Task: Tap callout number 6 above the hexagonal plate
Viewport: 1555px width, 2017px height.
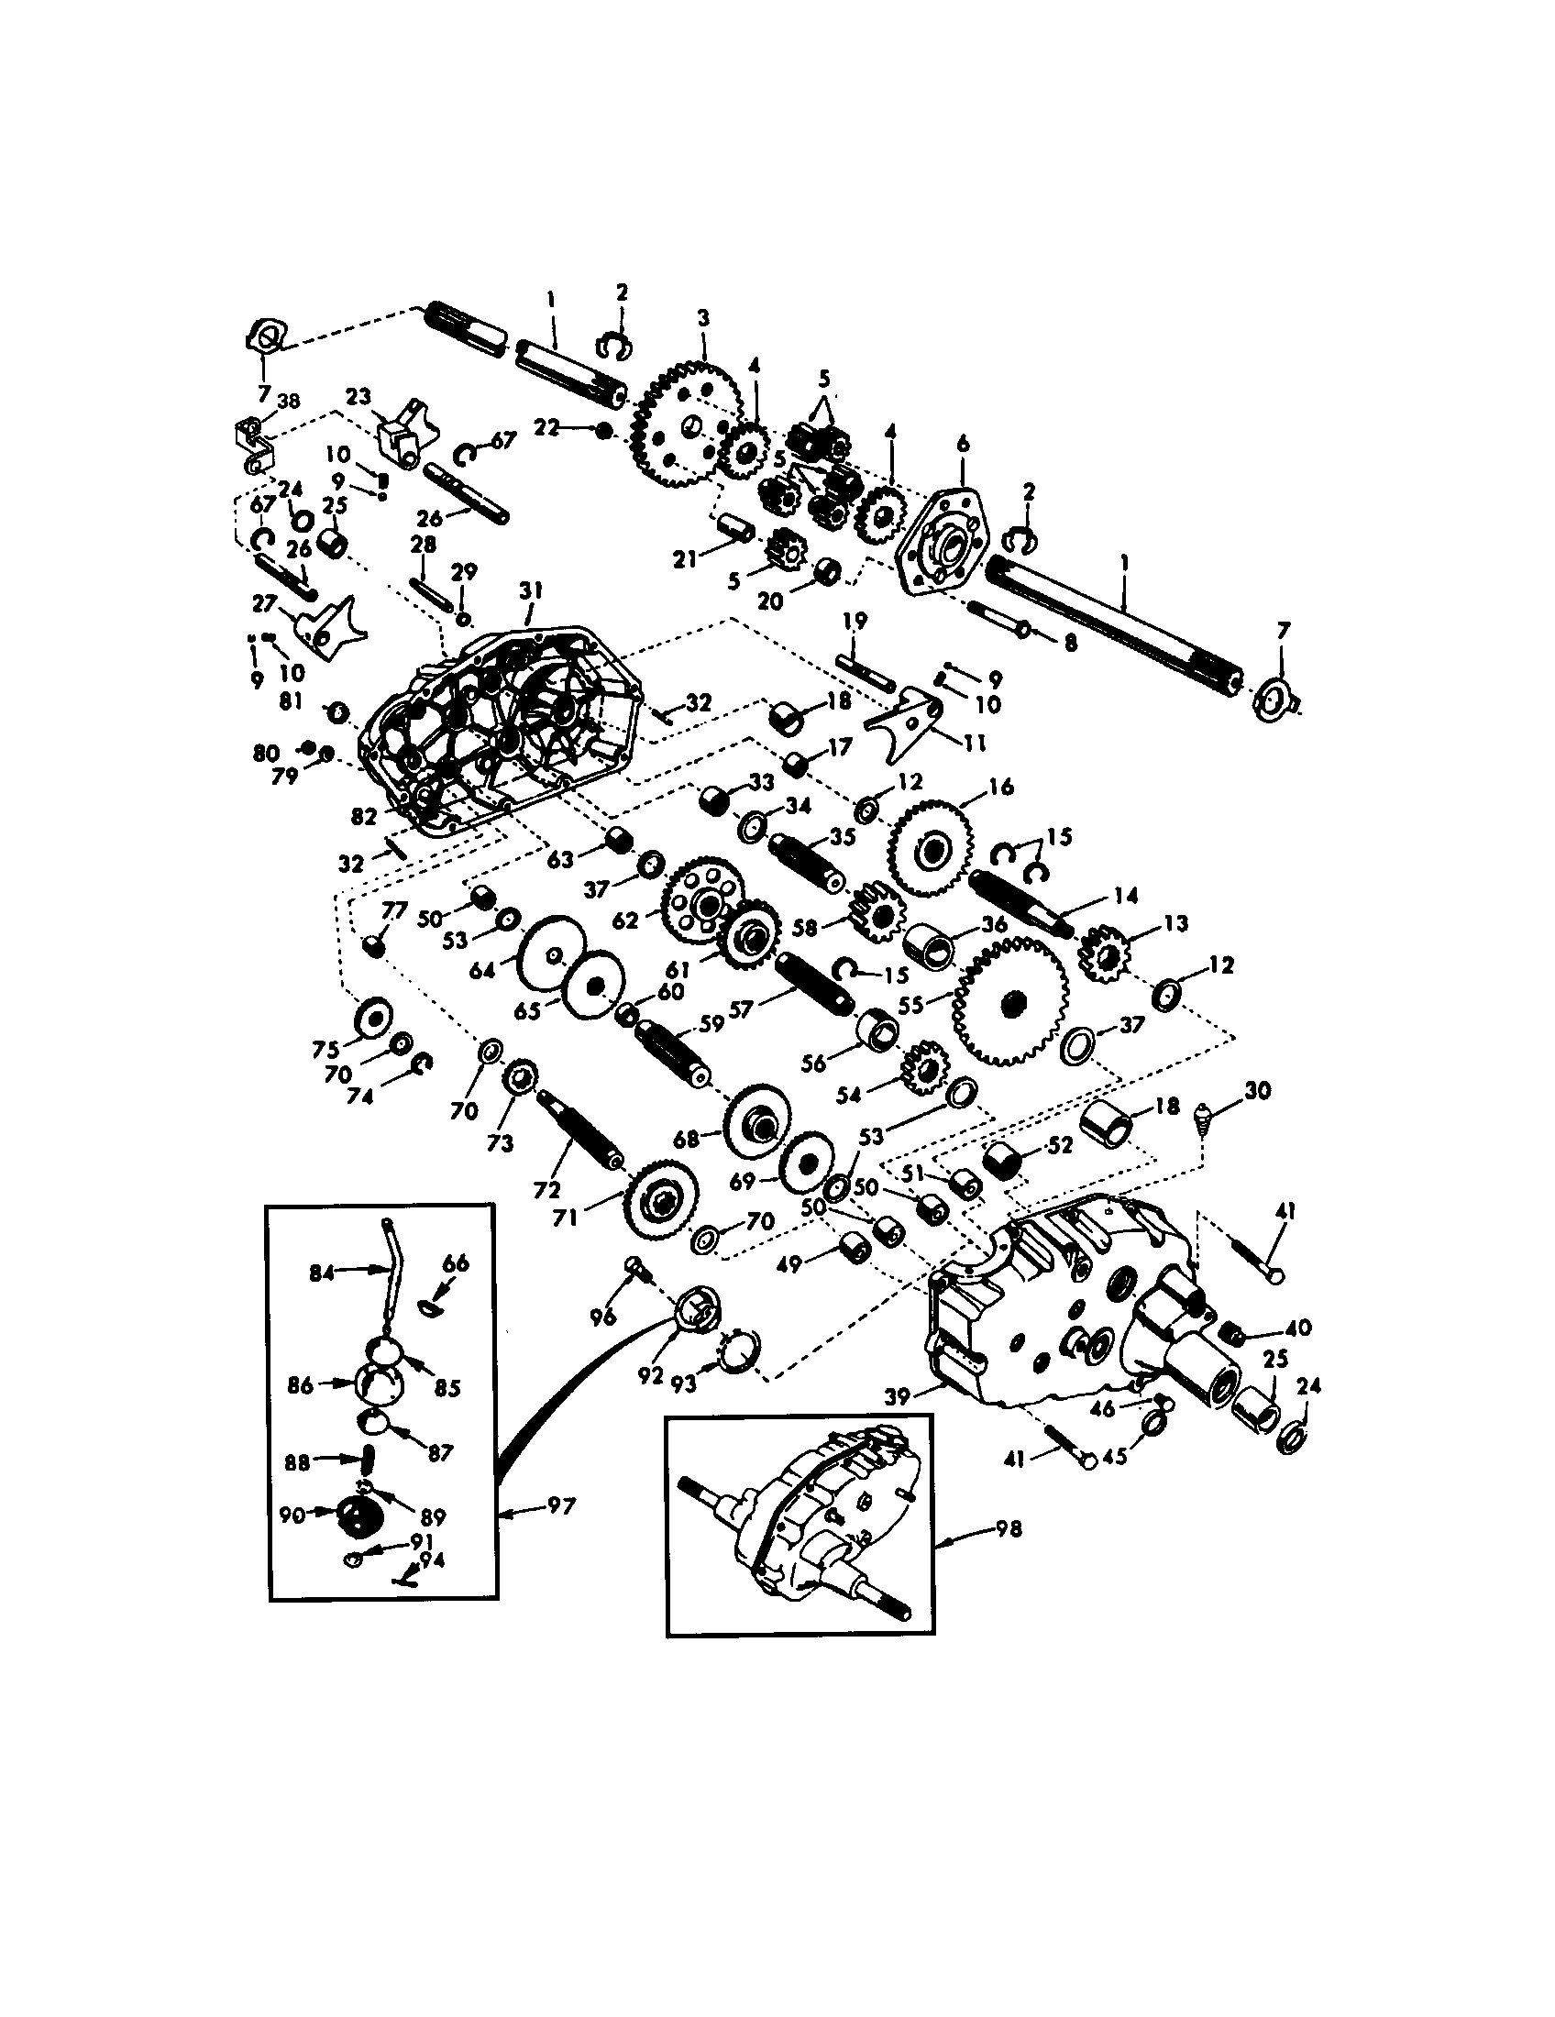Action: (963, 445)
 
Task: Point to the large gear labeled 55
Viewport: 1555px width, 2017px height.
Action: (1011, 1001)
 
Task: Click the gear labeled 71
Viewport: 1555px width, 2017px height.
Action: (661, 1202)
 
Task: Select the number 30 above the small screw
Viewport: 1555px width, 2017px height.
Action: (1257, 1091)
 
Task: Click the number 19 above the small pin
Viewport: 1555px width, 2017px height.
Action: (855, 622)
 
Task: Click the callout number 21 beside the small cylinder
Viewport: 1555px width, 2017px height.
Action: (684, 558)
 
